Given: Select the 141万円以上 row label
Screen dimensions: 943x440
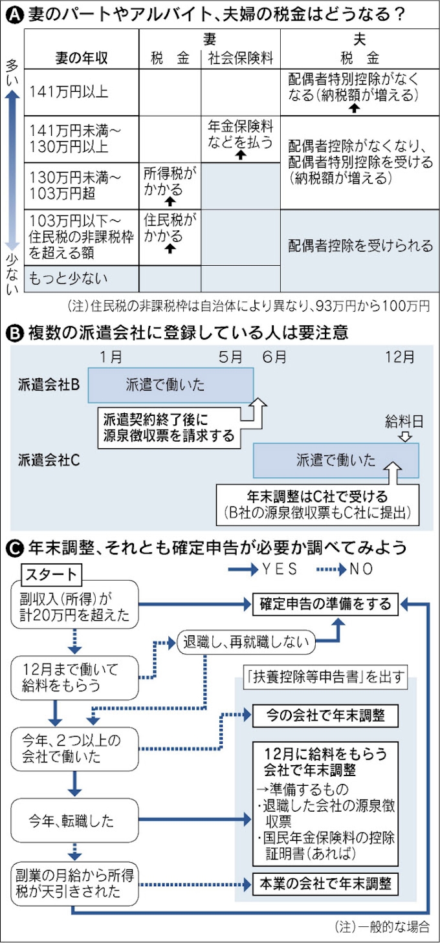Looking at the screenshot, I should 69,92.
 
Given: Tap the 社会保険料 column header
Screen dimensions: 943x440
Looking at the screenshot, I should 241,58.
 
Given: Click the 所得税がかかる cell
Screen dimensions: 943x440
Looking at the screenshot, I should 170,181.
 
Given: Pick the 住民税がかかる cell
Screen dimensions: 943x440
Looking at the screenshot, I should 170,228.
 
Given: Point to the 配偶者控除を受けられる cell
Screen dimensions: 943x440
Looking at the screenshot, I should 360,246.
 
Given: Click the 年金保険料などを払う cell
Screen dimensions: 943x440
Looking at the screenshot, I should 240,134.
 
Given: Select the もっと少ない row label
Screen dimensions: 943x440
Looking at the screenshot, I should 67,279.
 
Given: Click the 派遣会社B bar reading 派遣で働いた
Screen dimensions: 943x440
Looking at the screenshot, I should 171,385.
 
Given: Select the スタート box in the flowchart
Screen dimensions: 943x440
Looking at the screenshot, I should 51,573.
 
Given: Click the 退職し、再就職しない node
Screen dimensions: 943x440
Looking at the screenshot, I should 246,642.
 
